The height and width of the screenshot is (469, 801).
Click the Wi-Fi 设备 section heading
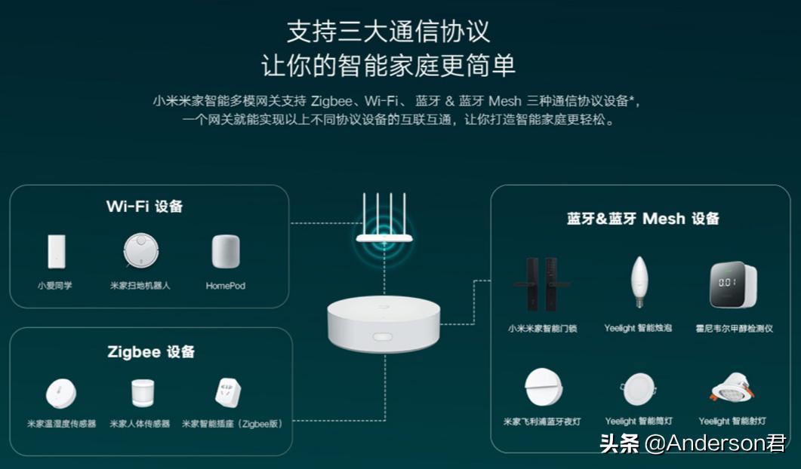[x=144, y=207]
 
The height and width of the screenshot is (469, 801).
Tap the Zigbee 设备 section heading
[x=151, y=352]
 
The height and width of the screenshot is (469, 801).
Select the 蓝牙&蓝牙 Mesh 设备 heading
[x=642, y=219]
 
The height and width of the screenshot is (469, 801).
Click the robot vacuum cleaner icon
[x=141, y=252]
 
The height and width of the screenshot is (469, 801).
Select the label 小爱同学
[x=55, y=287]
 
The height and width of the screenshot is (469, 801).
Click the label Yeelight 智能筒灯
[x=639, y=421]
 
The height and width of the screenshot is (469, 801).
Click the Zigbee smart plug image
[x=228, y=394]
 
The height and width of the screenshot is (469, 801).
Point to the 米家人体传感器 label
[x=140, y=425]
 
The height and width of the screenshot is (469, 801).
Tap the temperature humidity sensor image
[x=60, y=394]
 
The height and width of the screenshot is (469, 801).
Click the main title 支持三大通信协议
[x=388, y=32]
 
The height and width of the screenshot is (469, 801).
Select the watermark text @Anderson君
[x=715, y=443]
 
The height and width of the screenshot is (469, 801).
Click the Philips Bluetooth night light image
[x=544, y=387]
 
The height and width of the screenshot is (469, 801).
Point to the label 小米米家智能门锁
[x=542, y=329]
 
